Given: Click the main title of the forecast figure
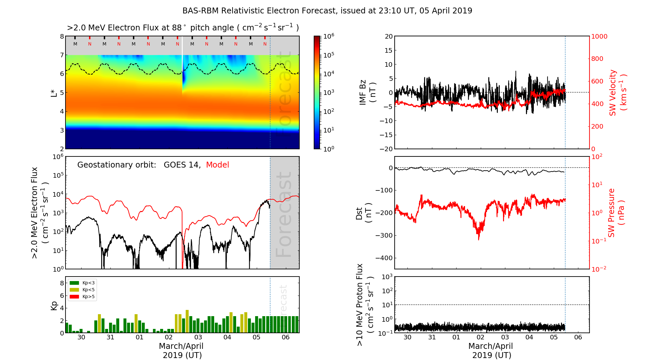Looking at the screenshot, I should pyautogui.click(x=327, y=11).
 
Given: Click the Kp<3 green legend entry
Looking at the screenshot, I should pyautogui.click(x=82, y=283).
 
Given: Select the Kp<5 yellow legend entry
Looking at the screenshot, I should pyautogui.click(x=82, y=290).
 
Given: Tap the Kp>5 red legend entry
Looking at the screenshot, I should pyautogui.click(x=82, y=297).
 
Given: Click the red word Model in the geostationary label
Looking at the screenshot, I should pyautogui.click(x=217, y=165).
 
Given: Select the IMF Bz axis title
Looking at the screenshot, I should pyautogui.click(x=367, y=93).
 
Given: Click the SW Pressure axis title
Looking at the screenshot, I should pyautogui.click(x=616, y=213).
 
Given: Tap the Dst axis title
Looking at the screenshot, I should pyautogui.click(x=364, y=213).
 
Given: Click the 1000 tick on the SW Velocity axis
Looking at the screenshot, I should pyautogui.click(x=599, y=37).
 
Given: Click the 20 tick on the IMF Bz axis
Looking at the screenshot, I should pyautogui.click(x=389, y=36).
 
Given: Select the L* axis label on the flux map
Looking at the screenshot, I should pyautogui.click(x=54, y=93).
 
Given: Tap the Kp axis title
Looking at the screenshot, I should pyautogui.click(x=54, y=305).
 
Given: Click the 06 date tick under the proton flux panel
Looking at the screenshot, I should pyautogui.click(x=578, y=337).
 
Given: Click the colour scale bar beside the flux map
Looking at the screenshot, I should pyautogui.click(x=317, y=93).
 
